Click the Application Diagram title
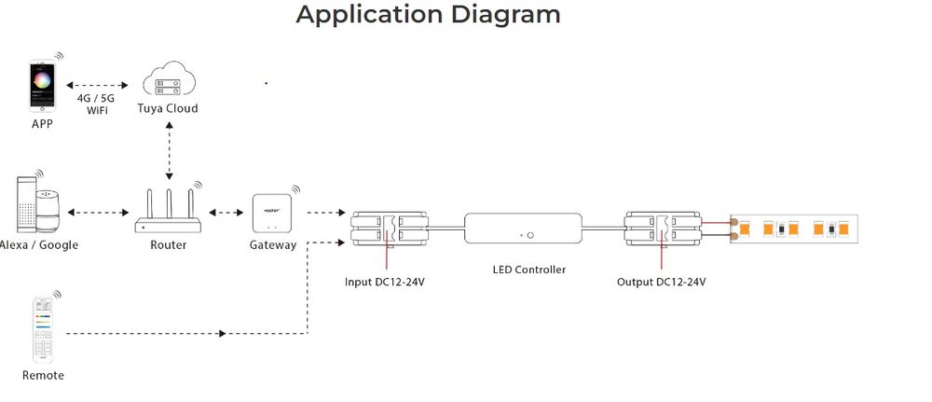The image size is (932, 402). [428, 15]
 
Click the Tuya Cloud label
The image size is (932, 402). [168, 109]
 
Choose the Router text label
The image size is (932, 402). [168, 245]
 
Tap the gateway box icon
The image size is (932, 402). [272, 215]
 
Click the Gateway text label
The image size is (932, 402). [272, 245]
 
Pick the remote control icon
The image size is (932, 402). [42, 330]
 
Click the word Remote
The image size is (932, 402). [43, 375]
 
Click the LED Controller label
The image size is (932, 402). [528, 270]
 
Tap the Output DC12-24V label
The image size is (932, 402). [661, 281]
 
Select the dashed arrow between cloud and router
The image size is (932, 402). [169, 149]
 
